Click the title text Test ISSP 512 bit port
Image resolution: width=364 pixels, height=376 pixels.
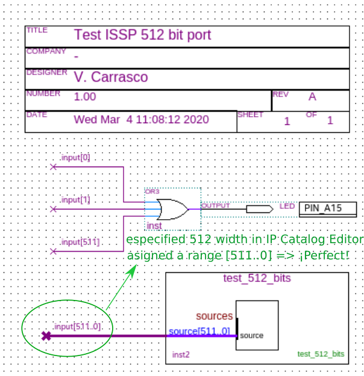pos(142,35)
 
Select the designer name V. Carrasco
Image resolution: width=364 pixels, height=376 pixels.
pos(111,77)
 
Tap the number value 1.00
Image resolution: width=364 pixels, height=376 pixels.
pos(85,97)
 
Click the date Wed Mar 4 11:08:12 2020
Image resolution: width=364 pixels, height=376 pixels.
pos(141,119)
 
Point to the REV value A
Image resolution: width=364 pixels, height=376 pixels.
pos(312,97)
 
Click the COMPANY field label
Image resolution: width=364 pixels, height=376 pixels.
pos(46,52)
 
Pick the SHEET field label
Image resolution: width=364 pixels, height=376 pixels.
pos(251,115)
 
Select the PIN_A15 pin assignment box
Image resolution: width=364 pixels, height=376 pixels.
pos(327,209)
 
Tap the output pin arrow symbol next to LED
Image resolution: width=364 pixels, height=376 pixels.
pos(259,209)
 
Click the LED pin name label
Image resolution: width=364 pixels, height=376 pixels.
pos(287,206)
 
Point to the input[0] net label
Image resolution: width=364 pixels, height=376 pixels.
pos(76,158)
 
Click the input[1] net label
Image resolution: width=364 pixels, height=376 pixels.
pos(76,200)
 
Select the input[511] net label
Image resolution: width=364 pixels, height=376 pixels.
pos(80,242)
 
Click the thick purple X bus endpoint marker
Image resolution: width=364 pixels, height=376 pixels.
pos(46,336)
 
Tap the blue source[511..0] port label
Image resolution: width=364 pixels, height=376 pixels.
pos(199,331)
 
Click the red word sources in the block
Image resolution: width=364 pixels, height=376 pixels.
pos(214,316)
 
